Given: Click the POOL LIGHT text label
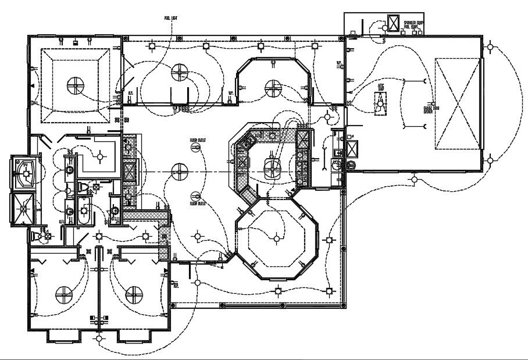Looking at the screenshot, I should [170, 18].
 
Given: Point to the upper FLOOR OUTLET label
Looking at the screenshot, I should [198, 141].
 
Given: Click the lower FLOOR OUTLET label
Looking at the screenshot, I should [198, 204].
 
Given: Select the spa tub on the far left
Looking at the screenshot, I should [25, 173].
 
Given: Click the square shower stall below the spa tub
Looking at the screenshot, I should [25, 207].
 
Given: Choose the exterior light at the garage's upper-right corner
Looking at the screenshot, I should [491, 47].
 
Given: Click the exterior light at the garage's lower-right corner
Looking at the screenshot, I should [491, 160].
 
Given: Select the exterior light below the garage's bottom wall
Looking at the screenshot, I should [413, 179].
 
